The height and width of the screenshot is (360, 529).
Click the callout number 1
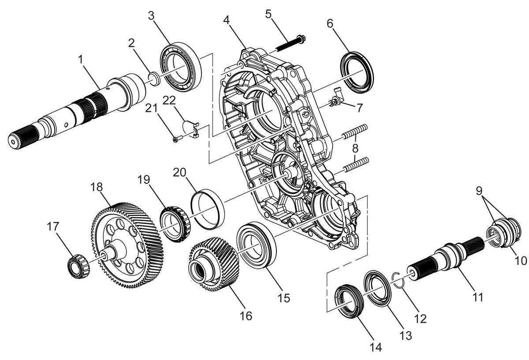(81, 59)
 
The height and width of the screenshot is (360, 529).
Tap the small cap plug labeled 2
(154, 79)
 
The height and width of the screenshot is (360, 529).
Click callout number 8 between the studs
(355, 148)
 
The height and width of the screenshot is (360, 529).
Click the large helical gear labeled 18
(127, 245)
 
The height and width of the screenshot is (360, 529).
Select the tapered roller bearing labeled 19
(175, 224)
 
